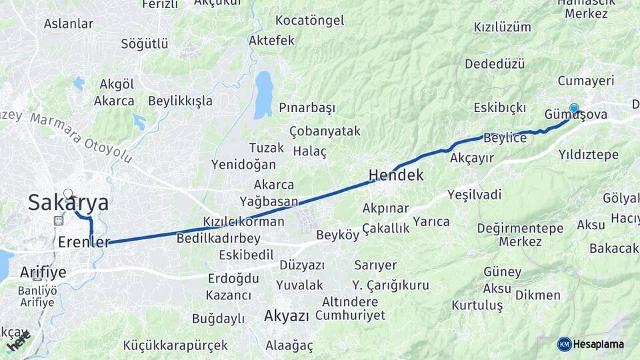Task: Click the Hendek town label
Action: coord(396,176)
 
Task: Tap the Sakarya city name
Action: coord(68,203)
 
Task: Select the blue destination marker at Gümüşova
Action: coord(573,108)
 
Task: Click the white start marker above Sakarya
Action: coord(67,194)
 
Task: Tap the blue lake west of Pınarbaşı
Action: coord(264,94)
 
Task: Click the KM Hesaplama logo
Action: coord(591,344)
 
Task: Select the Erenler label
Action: coord(83,242)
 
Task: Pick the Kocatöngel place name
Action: coord(309,20)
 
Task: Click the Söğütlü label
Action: coord(144,44)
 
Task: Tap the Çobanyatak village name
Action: coord(325,131)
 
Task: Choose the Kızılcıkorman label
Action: coord(244,222)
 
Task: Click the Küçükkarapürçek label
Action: coord(175,345)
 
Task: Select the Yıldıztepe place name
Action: coord(589,155)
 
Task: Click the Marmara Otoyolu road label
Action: coord(80,137)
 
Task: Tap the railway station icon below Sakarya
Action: coord(58,221)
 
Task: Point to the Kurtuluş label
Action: coord(477,305)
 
